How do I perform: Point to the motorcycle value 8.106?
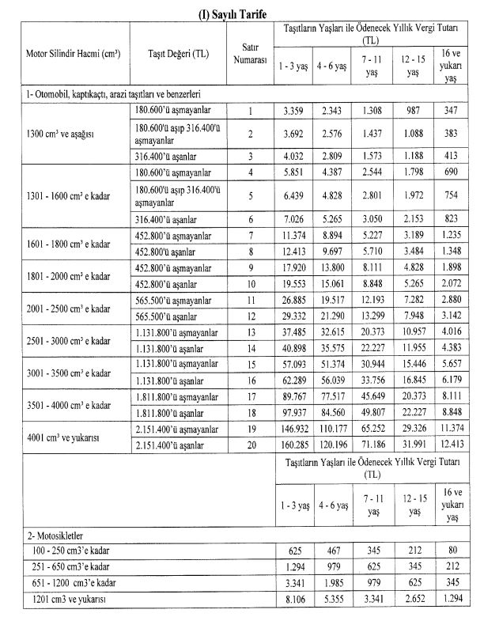tap(293, 598)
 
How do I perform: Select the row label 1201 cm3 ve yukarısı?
tap(63, 598)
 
